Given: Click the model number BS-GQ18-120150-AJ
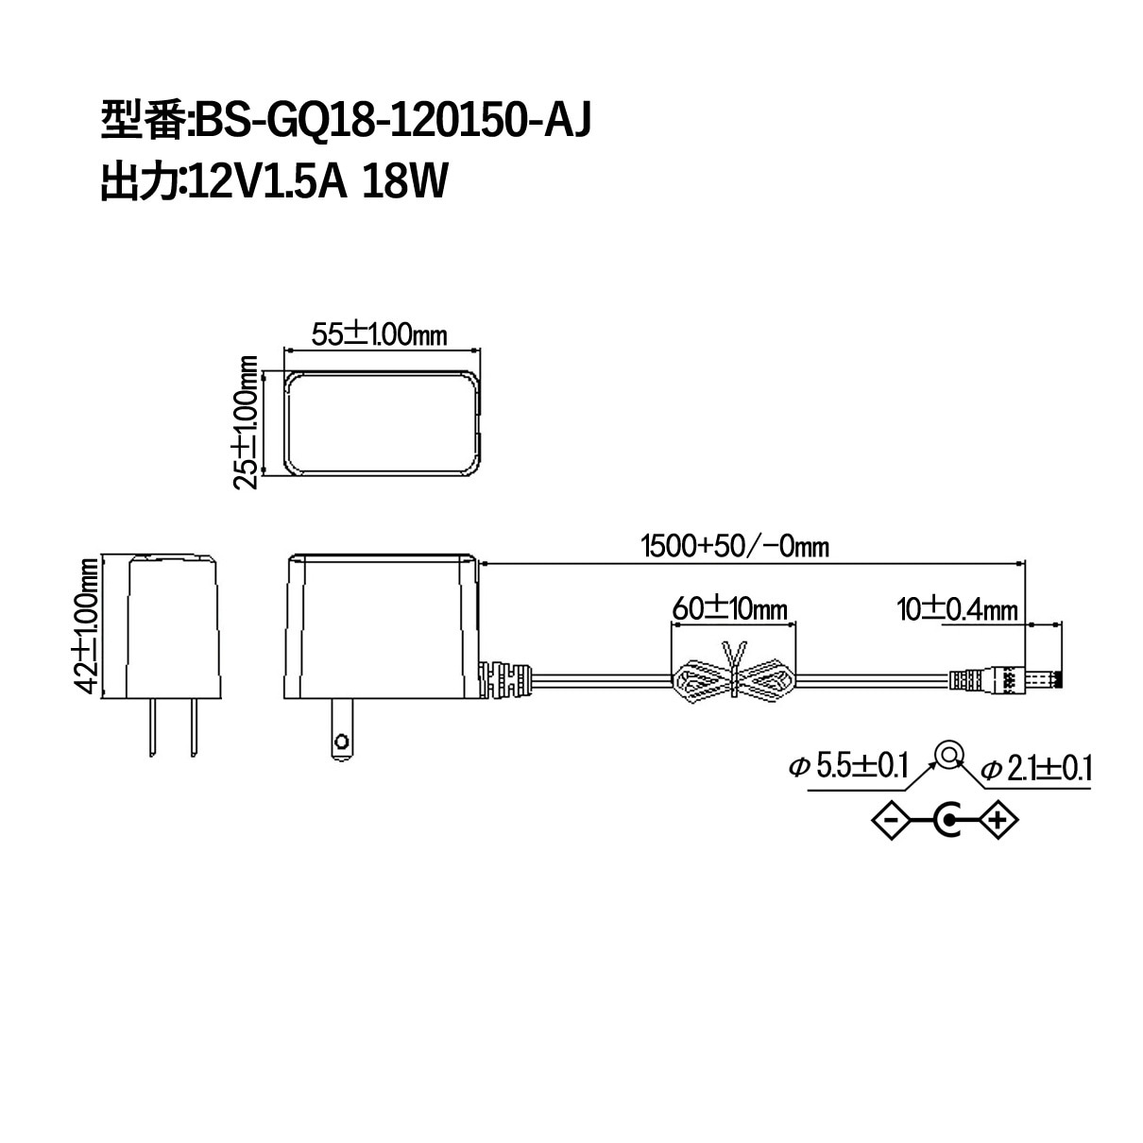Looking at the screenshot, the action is [x=393, y=120].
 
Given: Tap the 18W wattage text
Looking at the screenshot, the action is [x=404, y=181].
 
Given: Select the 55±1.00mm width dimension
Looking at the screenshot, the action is [x=379, y=335].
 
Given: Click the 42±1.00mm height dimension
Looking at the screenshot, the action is [x=86, y=625].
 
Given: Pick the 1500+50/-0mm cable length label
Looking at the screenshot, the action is [x=735, y=546].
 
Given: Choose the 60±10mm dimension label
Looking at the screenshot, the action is [x=730, y=608].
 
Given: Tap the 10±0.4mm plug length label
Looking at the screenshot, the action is [x=957, y=609].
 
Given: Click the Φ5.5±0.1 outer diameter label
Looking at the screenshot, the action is [x=849, y=766].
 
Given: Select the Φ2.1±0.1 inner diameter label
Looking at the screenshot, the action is [x=1036, y=769].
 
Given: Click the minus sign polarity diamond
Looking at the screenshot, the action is [x=892, y=821].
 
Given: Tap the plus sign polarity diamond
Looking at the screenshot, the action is [x=998, y=821].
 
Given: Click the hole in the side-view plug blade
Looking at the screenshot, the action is [x=341, y=742].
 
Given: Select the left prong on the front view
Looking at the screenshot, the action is [x=153, y=726].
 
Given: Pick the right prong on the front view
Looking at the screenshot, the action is [x=194, y=726].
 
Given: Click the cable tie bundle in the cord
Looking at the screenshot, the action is [x=734, y=675].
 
